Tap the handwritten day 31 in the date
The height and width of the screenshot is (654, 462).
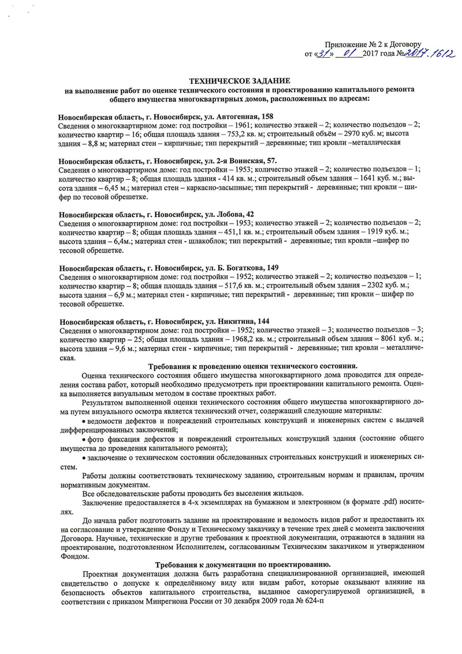tap(322, 54)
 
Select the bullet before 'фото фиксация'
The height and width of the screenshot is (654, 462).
tap(84, 439)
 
